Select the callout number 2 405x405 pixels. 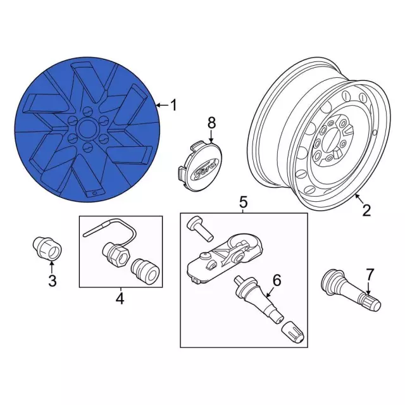pos(366,210)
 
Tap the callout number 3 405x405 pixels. pos(52,281)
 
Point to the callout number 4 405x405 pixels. pos(120,299)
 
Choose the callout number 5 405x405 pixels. pos(243,202)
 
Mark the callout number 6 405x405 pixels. pos(277,280)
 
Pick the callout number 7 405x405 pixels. pos(370,275)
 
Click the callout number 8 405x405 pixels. pos(211,123)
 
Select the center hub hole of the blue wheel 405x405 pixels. pos(87,128)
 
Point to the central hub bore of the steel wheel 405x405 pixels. pos(328,142)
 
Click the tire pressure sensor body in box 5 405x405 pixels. pos(224,258)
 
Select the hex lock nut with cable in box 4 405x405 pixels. pos(115,255)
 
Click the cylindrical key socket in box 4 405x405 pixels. pos(146,271)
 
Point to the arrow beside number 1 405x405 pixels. pos(162,105)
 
